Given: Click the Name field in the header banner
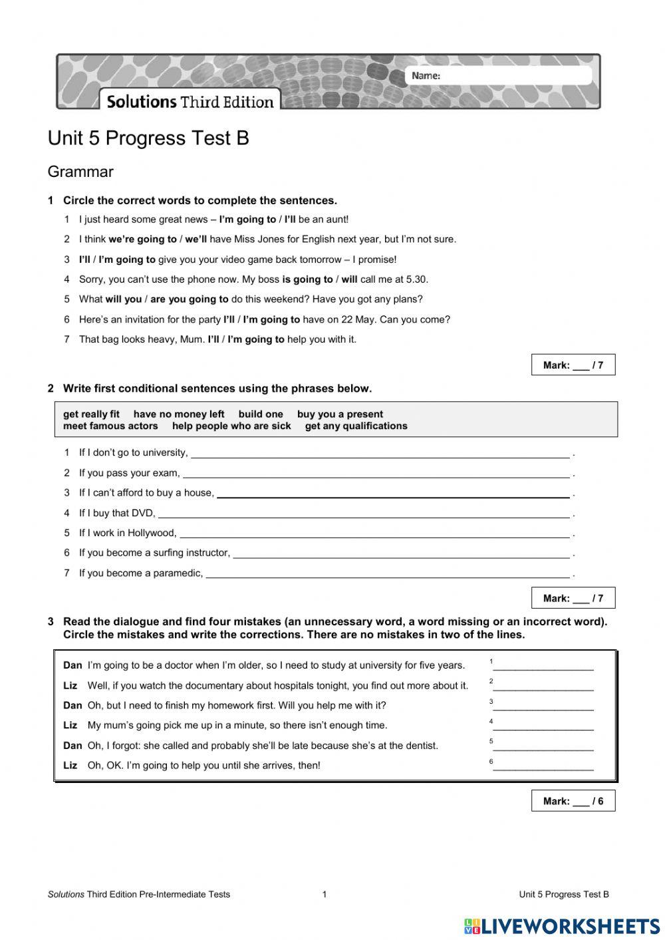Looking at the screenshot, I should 512,76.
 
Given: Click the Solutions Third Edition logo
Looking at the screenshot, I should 190,102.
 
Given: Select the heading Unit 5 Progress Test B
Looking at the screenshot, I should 148,138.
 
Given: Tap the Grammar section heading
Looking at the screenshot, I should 80,172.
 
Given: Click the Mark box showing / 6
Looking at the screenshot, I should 573,801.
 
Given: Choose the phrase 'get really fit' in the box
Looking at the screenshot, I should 91,414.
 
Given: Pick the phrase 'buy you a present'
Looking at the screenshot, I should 340,414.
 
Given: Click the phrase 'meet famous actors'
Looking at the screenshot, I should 110,426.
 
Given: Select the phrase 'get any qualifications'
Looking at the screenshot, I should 356,426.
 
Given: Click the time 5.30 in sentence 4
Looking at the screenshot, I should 416,279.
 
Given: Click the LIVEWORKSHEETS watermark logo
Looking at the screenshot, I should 562,926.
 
